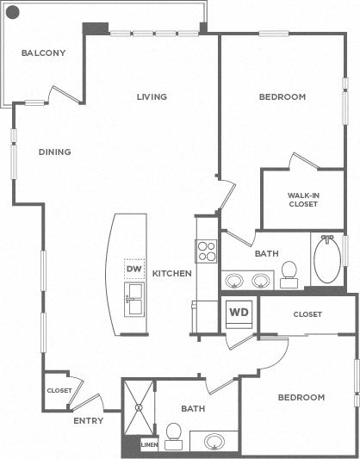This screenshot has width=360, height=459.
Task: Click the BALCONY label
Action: click(x=43, y=53)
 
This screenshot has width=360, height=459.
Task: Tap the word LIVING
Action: click(x=152, y=96)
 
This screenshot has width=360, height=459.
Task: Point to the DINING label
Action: click(x=55, y=152)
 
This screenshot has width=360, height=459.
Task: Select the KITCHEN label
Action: click(x=171, y=273)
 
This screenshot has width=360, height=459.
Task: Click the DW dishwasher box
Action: click(x=134, y=269)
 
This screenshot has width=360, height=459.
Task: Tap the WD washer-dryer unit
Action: click(x=239, y=313)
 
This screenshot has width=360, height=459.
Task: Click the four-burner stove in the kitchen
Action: click(x=207, y=251)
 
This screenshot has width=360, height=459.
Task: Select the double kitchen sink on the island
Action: click(x=134, y=299)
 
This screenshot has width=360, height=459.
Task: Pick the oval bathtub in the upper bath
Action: click(x=327, y=258)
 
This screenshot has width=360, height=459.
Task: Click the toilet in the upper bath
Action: click(x=289, y=275)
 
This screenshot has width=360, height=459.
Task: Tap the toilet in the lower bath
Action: click(x=174, y=436)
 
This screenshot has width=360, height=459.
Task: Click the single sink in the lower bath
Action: click(x=214, y=442)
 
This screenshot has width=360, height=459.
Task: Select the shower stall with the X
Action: click(x=139, y=407)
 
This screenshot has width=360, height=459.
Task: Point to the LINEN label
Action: click(x=150, y=445)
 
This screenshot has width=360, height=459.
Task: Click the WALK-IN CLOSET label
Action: click(x=303, y=200)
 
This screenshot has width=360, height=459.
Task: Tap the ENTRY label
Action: click(x=89, y=420)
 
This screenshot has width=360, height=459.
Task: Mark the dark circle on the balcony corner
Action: click(x=13, y=13)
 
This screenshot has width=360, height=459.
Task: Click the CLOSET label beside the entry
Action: click(x=59, y=390)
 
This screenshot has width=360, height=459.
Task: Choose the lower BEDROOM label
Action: click(x=301, y=397)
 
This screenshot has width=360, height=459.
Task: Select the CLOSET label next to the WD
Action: click(x=307, y=314)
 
